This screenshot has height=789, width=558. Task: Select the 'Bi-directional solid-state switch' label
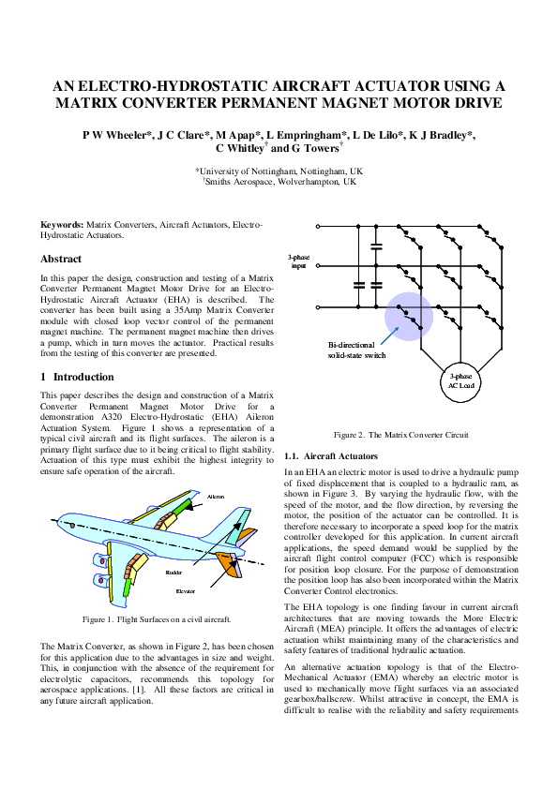(356, 350)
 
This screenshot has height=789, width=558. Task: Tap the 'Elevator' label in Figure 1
(186, 591)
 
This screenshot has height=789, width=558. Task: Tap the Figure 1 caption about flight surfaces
(157, 620)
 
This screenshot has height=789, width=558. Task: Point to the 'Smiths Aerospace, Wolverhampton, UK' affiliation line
(279, 182)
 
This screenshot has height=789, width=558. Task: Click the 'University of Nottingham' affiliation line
(279, 171)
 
